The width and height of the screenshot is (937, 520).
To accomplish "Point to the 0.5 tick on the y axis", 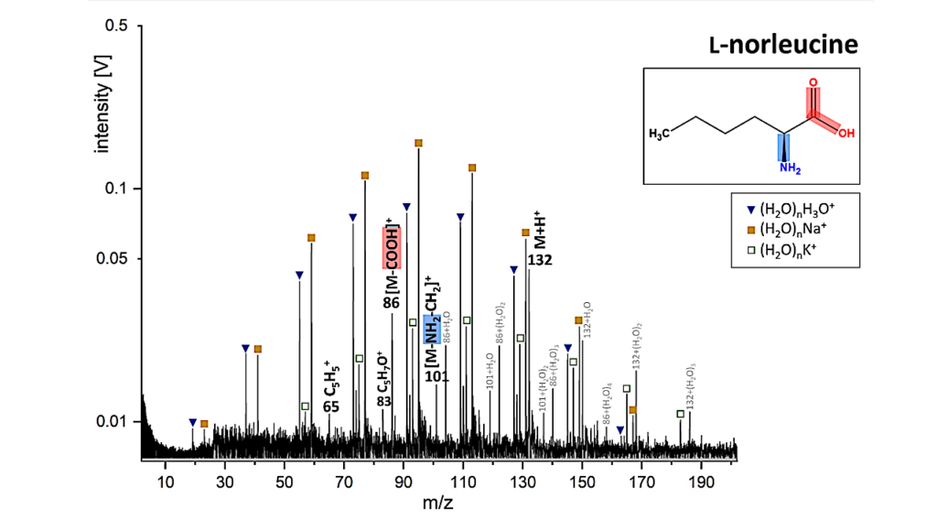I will pos(115,26).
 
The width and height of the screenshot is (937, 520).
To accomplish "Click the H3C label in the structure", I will pos(660,135).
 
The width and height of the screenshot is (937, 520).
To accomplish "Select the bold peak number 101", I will pos(436,375).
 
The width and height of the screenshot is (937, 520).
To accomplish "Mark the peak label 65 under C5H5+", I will pos(331,406).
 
